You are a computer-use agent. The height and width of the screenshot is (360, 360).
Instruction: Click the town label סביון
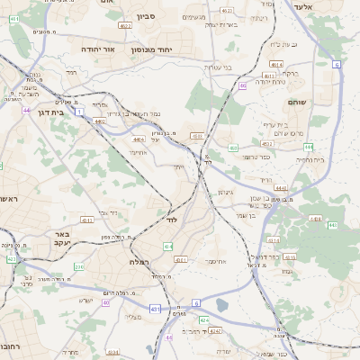146,16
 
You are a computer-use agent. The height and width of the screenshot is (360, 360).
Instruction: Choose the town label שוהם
321,102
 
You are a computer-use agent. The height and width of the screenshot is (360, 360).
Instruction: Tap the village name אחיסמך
216,262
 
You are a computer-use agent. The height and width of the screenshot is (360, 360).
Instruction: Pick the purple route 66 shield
242,85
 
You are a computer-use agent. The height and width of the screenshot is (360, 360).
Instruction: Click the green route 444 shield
333,225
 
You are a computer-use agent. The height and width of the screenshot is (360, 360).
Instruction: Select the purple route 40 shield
106,302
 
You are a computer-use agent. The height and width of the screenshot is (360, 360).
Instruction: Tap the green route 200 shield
78,266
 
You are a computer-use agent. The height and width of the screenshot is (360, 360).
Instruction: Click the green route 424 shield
204,319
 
